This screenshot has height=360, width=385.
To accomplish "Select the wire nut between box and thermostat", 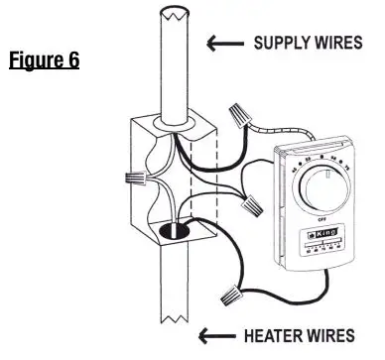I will [251, 211].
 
